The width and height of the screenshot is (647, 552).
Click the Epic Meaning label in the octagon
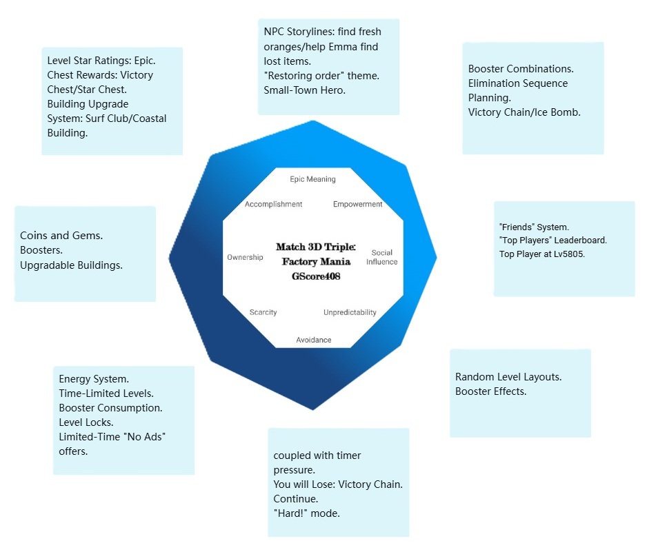tap(312, 179)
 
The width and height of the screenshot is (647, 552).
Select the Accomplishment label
tap(273, 204)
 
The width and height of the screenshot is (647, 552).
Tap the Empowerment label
tap(357, 204)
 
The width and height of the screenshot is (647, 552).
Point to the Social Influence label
tap(381, 257)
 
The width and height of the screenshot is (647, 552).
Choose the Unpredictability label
tap(350, 312)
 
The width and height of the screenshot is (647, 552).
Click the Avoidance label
tap(314, 340)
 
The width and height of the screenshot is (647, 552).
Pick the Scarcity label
tap(263, 312)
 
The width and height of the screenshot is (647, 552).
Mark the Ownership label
tap(245, 257)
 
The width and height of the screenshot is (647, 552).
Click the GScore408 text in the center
tap(316, 276)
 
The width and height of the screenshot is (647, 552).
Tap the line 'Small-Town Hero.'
tap(304, 90)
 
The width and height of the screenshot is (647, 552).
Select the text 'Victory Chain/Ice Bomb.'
tap(524, 112)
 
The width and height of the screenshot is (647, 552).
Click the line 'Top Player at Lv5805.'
tap(541, 254)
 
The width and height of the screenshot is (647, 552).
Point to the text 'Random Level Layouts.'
tap(508, 377)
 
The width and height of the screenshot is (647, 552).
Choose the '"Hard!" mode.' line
tap(307, 513)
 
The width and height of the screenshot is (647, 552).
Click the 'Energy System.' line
tap(94, 379)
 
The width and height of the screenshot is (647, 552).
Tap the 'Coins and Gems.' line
tap(61, 236)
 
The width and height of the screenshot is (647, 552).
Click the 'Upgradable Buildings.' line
tap(71, 265)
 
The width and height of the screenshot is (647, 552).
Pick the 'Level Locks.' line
tap(86, 422)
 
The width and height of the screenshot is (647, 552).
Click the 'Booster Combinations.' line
tap(521, 69)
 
